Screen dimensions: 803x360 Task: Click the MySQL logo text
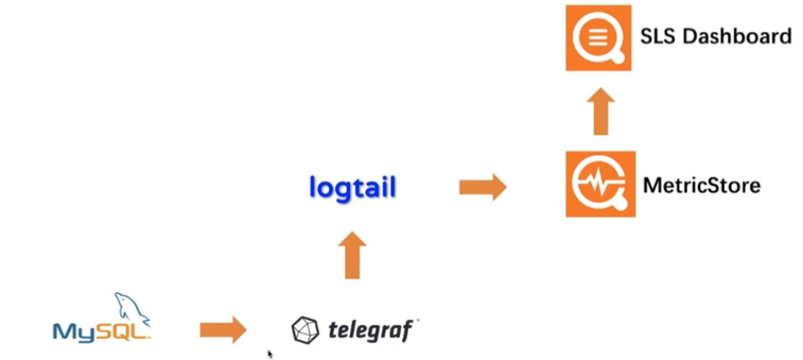tap(101, 332)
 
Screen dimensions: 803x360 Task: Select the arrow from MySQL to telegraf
tap(222, 330)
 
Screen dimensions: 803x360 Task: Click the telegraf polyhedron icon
tap(304, 330)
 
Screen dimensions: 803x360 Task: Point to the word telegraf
tap(370, 331)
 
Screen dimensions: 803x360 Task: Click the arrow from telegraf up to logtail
tap(352, 255)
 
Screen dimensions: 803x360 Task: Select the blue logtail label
tap(352, 188)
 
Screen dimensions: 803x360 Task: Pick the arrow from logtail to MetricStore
tap(483, 188)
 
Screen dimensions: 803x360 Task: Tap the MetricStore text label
tap(702, 185)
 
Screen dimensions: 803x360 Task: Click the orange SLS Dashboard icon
tap(598, 38)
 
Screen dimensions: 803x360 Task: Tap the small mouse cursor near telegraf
tap(270, 354)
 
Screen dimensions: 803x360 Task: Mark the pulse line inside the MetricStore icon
tap(596, 184)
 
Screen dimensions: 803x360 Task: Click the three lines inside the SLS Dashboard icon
tap(596, 35)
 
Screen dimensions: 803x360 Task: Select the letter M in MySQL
tap(64, 332)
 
